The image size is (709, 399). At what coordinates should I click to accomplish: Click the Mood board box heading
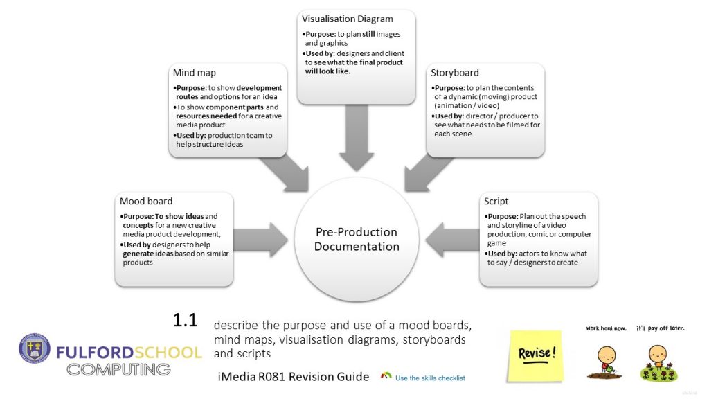pos(146,202)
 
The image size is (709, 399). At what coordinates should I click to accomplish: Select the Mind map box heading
pos(194,72)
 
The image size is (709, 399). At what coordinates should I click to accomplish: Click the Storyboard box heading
pos(454,72)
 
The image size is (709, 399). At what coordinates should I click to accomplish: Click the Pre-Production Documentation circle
pos(357,239)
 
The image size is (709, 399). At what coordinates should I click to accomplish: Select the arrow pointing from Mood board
pos(263,240)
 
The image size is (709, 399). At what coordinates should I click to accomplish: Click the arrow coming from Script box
pos(450,240)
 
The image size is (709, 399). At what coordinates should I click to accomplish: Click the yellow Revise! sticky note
pos(535,354)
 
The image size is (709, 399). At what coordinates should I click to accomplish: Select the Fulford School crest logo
pos(35,350)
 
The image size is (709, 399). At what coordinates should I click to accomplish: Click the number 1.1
pos(186,320)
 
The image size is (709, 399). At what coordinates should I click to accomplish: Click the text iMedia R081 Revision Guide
pos(293,377)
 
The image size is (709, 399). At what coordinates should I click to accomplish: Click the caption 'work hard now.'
pos(606,328)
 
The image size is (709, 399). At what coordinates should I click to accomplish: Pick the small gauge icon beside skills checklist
pos(386,376)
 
